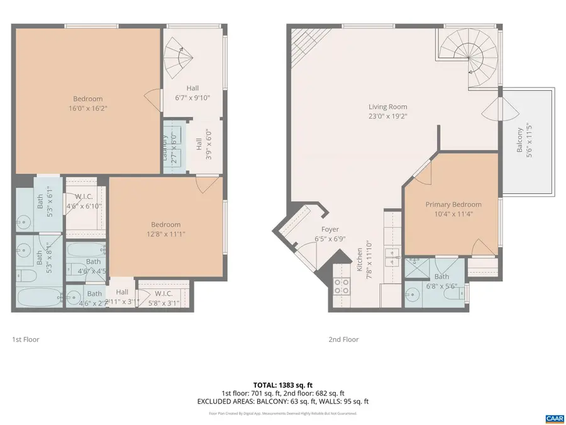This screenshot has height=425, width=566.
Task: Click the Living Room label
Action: pyautogui.click(x=387, y=107)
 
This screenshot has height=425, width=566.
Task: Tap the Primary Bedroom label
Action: pyautogui.click(x=453, y=205)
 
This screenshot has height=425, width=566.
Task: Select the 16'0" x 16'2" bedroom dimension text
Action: pyautogui.click(x=87, y=108)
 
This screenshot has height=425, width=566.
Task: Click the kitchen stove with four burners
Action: pyautogui.click(x=341, y=286)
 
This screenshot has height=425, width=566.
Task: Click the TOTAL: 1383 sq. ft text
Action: pyautogui.click(x=282, y=384)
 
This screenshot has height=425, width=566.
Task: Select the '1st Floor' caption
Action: pyautogui.click(x=26, y=339)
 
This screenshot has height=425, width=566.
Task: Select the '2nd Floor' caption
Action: pyautogui.click(x=343, y=339)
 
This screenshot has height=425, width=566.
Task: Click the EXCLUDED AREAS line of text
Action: pyautogui.click(x=282, y=401)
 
